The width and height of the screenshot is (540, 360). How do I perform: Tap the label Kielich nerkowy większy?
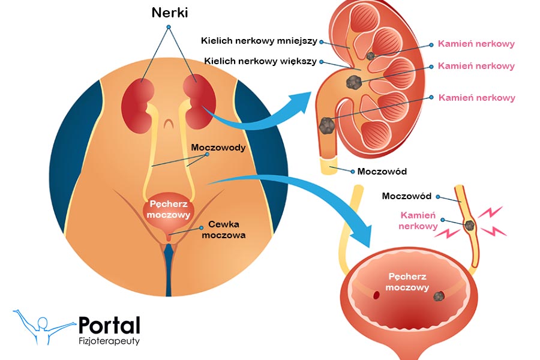[260, 61]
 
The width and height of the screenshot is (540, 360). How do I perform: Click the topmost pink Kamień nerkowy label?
[476, 44]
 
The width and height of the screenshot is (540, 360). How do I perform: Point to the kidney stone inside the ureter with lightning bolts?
[470, 226]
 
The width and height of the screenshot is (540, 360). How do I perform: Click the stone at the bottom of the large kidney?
[326, 125]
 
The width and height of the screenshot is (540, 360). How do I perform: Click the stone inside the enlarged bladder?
[439, 296]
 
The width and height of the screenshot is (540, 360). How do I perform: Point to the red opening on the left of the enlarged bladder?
[379, 295]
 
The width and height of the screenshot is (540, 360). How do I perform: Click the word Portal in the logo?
[109, 325]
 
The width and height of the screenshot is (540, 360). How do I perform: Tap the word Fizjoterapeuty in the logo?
[109, 342]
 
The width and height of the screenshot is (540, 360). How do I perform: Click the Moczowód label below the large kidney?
[382, 172]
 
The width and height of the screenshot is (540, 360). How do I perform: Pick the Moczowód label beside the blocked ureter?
[407, 196]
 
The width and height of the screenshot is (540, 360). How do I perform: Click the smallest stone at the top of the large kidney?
[371, 56]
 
